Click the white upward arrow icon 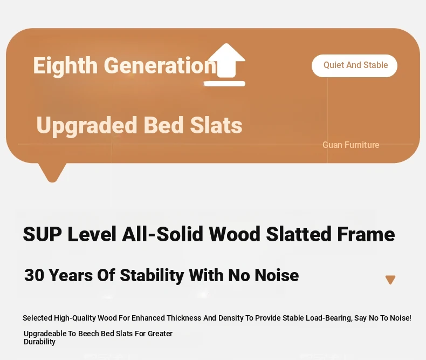pos(225,65)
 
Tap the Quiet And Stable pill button pos(354,65)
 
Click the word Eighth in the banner pos(65,66)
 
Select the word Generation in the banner pos(160,66)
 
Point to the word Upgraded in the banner pos(86,125)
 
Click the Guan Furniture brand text pos(351,145)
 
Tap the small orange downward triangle pos(390,280)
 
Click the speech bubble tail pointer pos(52,172)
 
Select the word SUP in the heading pos(43,234)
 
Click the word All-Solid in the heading pos(162,234)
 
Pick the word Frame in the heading pos(366,234)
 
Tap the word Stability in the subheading pos(152,275)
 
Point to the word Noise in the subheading pos(277,275)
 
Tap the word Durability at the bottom pos(40,342)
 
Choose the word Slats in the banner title pos(216,125)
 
